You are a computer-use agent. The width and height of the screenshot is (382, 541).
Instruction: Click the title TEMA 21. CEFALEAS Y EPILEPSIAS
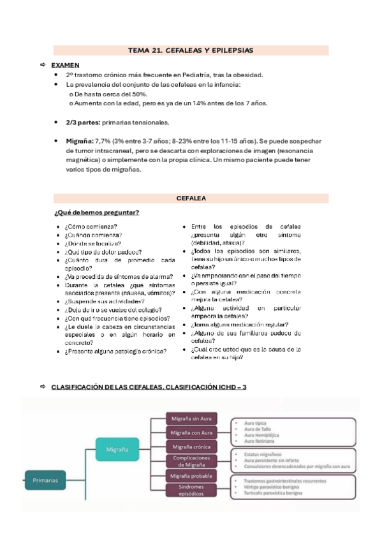pos(191,50)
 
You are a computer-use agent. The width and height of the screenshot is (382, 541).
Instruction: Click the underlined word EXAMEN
pos(65,65)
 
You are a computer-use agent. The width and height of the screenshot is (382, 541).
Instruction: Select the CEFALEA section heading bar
pos(191,198)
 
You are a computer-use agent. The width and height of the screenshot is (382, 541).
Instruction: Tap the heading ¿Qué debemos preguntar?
pos(97,212)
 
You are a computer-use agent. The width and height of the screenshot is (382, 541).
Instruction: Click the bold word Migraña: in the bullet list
pos(80,140)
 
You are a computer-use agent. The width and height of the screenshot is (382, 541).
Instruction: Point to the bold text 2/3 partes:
pos(82,122)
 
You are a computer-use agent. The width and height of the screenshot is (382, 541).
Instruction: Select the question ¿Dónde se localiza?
pos(92,243)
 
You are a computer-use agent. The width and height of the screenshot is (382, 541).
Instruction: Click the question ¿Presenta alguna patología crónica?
pos(115,350)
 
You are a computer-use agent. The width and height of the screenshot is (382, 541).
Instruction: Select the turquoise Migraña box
pos(116,449)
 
